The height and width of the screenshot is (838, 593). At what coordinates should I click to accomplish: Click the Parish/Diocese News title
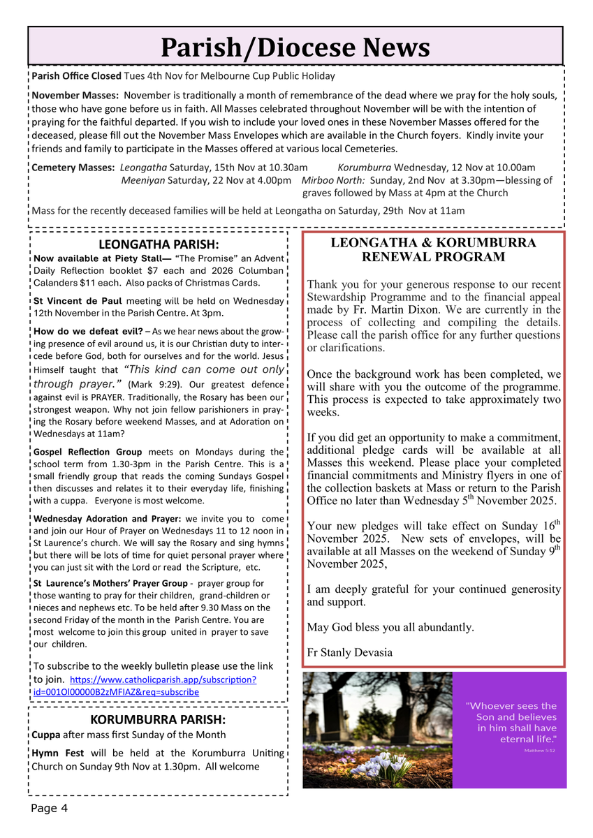point(295,47)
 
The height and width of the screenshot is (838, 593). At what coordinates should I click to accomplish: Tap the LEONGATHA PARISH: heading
point(159,244)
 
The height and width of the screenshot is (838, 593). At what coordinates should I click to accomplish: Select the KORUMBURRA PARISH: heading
point(158,719)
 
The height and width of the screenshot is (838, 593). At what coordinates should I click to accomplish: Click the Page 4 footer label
point(49,809)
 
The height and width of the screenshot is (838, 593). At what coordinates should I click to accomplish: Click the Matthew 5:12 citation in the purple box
point(540,751)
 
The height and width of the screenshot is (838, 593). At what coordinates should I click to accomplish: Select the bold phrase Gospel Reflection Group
point(87,452)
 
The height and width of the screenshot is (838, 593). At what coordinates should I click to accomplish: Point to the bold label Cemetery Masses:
point(73,168)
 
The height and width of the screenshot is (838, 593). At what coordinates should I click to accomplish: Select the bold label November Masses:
point(75,95)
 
